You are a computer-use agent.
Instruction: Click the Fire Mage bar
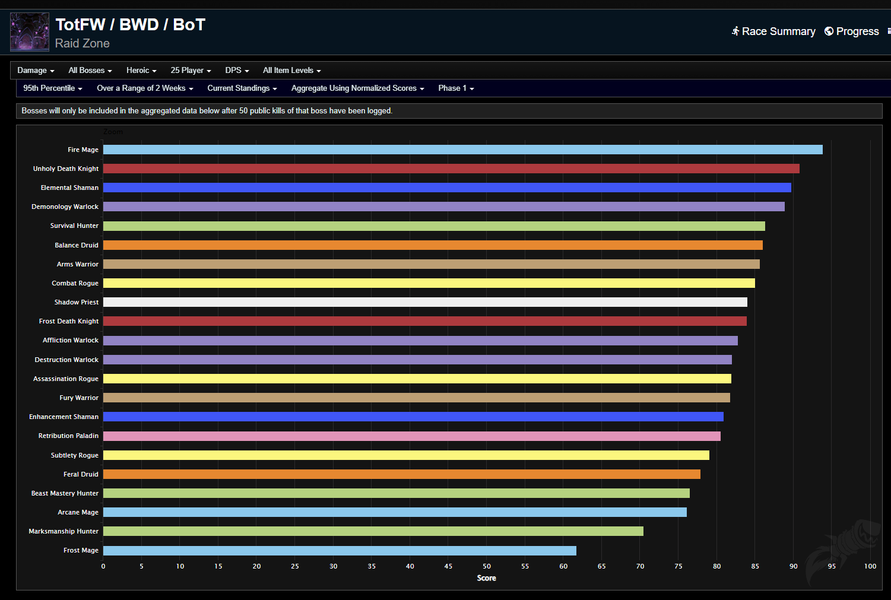(x=462, y=150)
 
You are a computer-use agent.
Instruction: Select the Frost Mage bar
(x=340, y=551)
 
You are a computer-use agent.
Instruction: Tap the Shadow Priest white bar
(x=425, y=302)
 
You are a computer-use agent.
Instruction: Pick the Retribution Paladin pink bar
(x=411, y=436)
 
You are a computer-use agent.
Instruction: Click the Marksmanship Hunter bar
(x=373, y=531)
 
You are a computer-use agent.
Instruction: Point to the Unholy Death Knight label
(x=66, y=169)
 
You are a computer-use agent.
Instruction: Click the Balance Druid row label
(x=77, y=245)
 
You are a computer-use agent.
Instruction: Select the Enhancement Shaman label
(x=64, y=417)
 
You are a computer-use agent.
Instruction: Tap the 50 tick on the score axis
(x=487, y=566)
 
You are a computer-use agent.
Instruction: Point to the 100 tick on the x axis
(x=870, y=566)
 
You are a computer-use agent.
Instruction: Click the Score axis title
(x=486, y=578)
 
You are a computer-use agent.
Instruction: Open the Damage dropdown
(x=36, y=71)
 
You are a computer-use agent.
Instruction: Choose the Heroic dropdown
(x=141, y=71)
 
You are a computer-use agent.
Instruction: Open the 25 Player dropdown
(x=191, y=71)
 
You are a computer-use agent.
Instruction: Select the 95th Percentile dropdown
(x=52, y=88)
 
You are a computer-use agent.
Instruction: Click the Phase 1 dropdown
(x=456, y=88)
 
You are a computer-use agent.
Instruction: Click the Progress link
(x=852, y=31)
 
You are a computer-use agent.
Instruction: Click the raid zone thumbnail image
(x=30, y=32)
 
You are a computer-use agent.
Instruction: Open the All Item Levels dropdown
(x=291, y=71)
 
